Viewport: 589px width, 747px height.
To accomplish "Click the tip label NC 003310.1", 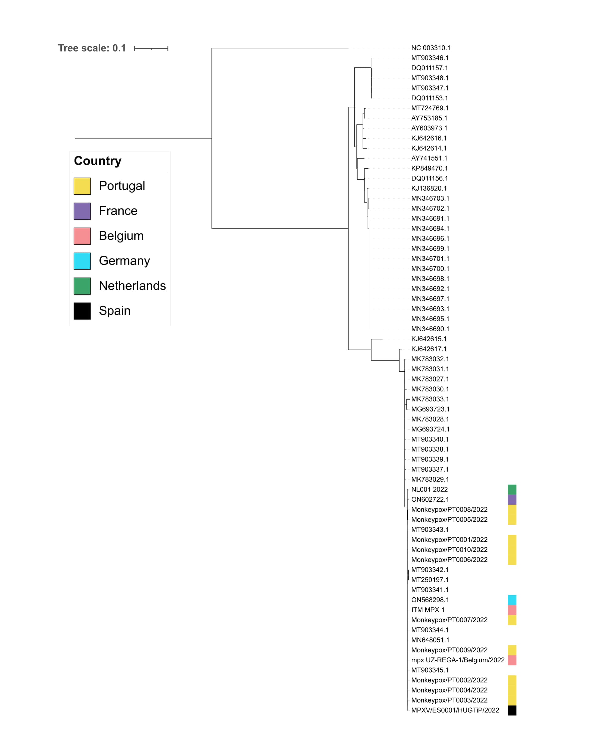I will pyautogui.click(x=431, y=48).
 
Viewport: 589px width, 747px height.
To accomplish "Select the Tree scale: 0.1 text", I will pyautogui.click(x=92, y=48).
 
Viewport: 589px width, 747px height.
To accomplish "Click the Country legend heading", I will pyautogui.click(x=98, y=161).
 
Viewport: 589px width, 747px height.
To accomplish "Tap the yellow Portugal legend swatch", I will pyautogui.click(x=82, y=186).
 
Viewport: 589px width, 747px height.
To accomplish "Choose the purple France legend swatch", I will pyautogui.click(x=82, y=211).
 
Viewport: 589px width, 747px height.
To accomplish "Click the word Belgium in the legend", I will pyautogui.click(x=121, y=236).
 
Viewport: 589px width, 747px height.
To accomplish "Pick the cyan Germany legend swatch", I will pyautogui.click(x=82, y=261).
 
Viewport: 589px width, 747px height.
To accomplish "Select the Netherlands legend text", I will pyautogui.click(x=132, y=286).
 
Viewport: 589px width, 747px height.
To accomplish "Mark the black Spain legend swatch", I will pyautogui.click(x=82, y=311).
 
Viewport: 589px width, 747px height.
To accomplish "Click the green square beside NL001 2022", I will pyautogui.click(x=512, y=489).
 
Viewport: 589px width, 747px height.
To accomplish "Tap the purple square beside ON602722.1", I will pyautogui.click(x=512, y=500).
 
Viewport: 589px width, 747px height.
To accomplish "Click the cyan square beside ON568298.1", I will pyautogui.click(x=512, y=600).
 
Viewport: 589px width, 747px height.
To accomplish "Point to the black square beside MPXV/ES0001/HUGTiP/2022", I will pyautogui.click(x=512, y=710).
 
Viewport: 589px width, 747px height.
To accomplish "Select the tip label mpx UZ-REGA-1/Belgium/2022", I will pyautogui.click(x=458, y=660).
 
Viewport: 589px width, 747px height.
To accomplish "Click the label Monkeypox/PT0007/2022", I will pyautogui.click(x=449, y=620).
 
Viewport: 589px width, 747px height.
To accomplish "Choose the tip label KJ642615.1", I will pyautogui.click(x=429, y=339).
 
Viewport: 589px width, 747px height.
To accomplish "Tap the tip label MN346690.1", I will pyautogui.click(x=430, y=329).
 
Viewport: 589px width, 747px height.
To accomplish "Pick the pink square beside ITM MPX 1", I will pyautogui.click(x=512, y=610).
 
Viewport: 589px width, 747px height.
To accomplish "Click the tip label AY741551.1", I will pyautogui.click(x=429, y=158).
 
